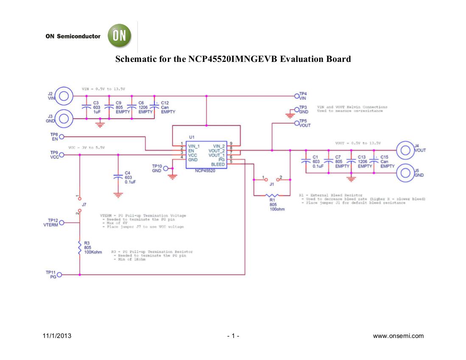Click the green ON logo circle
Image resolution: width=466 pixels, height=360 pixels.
coord(120,36)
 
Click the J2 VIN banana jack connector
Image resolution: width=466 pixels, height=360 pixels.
coord(63,96)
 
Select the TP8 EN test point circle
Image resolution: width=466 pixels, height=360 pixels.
coord(61,137)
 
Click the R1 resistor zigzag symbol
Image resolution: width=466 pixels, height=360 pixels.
coord(271,195)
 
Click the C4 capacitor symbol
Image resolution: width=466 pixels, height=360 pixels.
coord(118,176)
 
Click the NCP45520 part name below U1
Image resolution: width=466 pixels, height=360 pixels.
coord(205,171)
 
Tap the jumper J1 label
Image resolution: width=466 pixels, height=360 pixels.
coord(271,184)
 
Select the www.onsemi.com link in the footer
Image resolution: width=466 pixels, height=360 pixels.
coord(398,336)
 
